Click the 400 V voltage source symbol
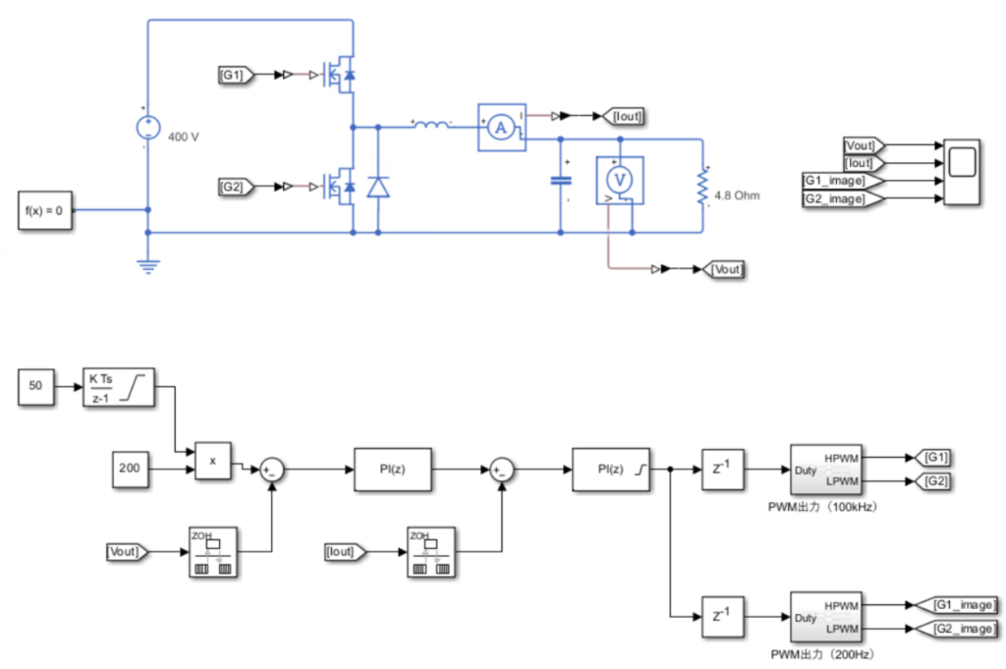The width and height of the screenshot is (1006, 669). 148,128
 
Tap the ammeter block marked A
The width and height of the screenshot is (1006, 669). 501,126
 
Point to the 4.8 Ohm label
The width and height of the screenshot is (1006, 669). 736,195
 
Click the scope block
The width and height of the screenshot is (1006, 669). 961,173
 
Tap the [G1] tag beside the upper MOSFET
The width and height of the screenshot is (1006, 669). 236,74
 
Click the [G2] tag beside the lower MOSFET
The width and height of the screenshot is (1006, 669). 236,186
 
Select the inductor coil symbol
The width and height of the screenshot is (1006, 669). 431,125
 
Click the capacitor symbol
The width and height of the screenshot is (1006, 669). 561,181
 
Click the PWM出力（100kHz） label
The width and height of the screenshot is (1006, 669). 822,507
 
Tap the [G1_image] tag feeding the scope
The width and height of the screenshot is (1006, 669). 836,182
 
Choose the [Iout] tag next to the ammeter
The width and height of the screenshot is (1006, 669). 625,116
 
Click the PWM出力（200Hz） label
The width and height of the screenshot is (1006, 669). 821,653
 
